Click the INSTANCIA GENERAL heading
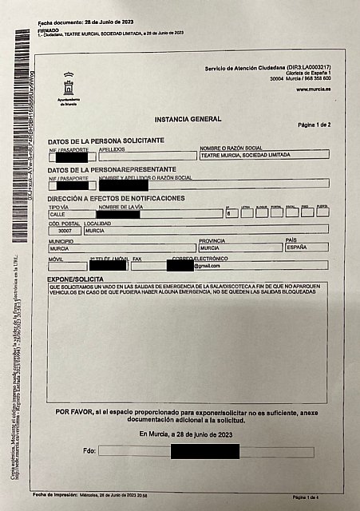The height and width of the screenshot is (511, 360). (189, 117)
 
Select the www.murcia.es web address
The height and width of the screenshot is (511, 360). (313, 89)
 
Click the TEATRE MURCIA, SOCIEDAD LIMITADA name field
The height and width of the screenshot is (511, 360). (263, 155)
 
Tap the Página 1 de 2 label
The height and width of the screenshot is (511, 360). (313, 125)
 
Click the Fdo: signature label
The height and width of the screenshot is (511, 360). (89, 451)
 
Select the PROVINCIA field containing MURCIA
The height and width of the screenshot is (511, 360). (239, 248)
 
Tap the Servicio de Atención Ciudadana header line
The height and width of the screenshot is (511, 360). (267, 68)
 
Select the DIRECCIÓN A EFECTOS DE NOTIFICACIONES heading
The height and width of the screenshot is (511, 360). (116, 198)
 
